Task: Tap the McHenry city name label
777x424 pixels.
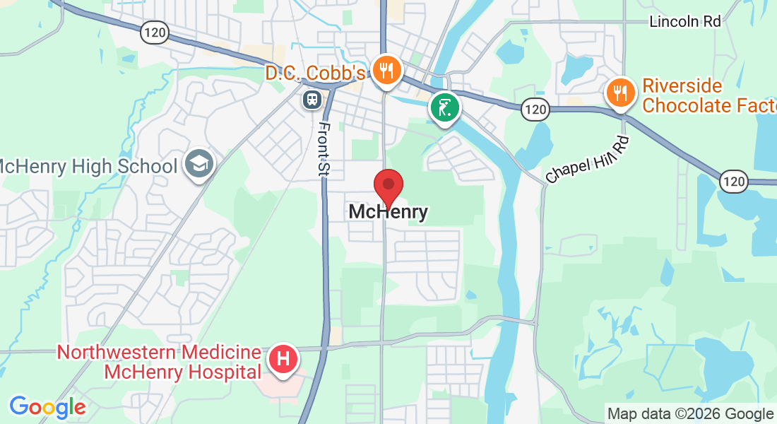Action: coord(388,212)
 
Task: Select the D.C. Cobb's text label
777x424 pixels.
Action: coord(316,73)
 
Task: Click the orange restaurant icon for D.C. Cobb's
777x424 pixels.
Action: coord(386,71)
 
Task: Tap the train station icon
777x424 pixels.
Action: coord(312,100)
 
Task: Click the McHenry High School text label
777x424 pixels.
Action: coord(88,167)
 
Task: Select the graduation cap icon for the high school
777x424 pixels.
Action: coord(199,165)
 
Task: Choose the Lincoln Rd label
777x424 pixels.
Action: coord(684,22)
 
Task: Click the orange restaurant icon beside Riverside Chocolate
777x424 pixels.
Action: coord(620,92)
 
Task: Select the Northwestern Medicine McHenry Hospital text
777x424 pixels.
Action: coord(159,362)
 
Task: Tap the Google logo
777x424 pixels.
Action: coord(47,407)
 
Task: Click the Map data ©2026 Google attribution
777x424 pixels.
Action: coord(690,414)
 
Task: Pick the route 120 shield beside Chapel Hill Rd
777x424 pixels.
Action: coord(535,109)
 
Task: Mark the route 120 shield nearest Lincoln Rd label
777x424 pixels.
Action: coord(734,182)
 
